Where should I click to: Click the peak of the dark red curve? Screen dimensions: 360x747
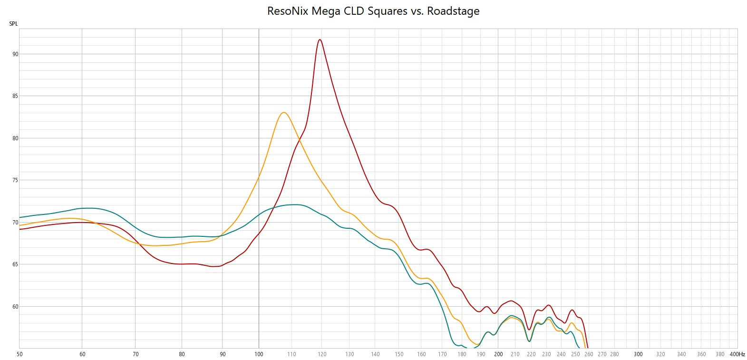[x=320, y=40]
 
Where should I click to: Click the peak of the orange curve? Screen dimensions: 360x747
[x=283, y=113]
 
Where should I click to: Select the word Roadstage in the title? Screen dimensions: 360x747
[x=453, y=11]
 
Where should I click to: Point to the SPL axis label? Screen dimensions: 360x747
[x=13, y=24]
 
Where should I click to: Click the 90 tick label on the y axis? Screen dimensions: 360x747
[x=15, y=54]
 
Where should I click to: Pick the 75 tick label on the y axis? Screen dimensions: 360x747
[x=15, y=180]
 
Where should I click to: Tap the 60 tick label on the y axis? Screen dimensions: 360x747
[x=15, y=307]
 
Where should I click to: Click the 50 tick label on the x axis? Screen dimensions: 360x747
[x=19, y=354]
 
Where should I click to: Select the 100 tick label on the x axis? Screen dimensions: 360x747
[x=259, y=354]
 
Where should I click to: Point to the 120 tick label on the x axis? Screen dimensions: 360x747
[x=322, y=354]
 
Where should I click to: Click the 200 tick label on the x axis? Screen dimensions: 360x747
[x=498, y=354]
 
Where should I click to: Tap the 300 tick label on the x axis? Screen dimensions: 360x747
[x=638, y=354]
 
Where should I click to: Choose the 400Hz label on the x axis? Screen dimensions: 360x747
[x=737, y=354]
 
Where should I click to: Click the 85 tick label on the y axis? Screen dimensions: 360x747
[x=15, y=96]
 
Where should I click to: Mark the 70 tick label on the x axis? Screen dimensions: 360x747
[x=136, y=354]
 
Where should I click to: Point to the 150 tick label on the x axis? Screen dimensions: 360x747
[x=399, y=354]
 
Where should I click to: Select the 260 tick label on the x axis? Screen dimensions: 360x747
[x=589, y=354]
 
